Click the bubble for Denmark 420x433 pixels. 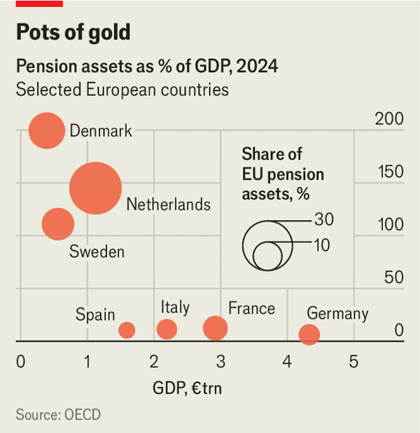coord(46,130)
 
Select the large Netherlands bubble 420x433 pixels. coord(95,188)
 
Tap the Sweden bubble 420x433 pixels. coord(58,224)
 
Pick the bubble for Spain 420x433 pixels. coord(127,330)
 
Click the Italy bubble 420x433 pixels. coord(167,329)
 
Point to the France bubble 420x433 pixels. coord(216,327)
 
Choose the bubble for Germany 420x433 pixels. coord(309,334)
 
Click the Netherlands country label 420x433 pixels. coord(168,205)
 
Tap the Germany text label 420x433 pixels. coord(337,313)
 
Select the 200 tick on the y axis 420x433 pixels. coord(388,119)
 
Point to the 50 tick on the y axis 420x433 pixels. coord(393,277)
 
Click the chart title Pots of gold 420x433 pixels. coord(73,32)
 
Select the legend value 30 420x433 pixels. coord(323,220)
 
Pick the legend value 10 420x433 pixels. coord(323,245)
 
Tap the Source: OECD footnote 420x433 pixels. coord(58,415)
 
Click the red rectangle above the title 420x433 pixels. coord(39,3)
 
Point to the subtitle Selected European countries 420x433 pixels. coord(122,90)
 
